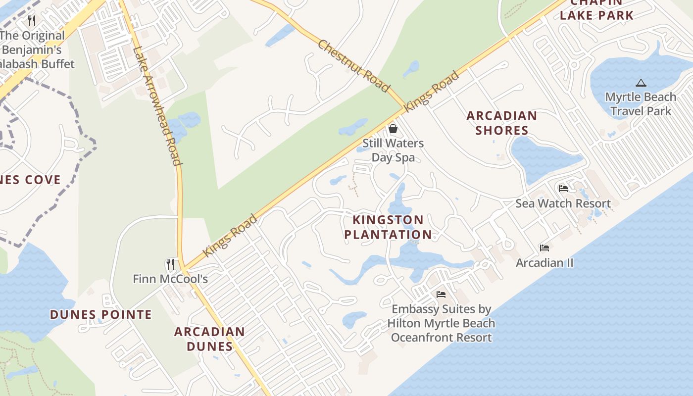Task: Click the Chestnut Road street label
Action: [353, 66]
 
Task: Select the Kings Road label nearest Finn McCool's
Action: [231, 235]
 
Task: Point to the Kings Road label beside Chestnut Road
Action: [431, 92]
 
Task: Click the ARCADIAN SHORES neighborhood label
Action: [501, 123]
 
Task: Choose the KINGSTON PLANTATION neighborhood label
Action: [388, 227]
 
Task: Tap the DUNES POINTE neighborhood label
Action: [101, 314]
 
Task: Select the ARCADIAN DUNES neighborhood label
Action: [209, 339]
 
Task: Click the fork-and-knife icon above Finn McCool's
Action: [170, 264]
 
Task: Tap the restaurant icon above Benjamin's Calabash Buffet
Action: [32, 20]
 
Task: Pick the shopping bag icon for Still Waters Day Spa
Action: [393, 129]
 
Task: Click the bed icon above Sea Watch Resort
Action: [563, 189]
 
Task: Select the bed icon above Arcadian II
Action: [544, 248]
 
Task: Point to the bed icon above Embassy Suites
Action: [441, 295]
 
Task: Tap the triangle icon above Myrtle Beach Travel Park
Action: [641, 83]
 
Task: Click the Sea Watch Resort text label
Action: [563, 203]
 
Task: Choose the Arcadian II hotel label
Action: [544, 262]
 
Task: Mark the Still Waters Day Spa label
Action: [393, 150]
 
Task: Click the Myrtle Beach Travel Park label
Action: [641, 103]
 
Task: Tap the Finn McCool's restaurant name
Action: [170, 279]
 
